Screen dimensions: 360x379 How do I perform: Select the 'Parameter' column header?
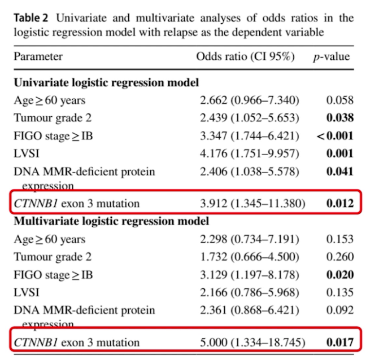tap(38, 56)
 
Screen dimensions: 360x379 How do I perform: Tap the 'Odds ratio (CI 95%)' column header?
tap(247, 56)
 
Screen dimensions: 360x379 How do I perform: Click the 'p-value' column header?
tap(332, 56)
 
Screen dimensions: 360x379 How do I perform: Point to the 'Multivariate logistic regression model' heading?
tap(112, 221)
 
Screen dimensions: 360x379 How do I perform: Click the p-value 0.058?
tap(340, 100)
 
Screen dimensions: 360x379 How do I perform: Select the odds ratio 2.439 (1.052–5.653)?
tap(250, 118)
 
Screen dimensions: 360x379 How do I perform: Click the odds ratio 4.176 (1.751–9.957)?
tap(250, 153)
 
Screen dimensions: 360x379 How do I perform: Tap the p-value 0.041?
tap(340, 171)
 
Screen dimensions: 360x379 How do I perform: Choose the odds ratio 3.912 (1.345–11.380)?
tap(252, 203)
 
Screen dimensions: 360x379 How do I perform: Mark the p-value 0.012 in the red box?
tap(340, 203)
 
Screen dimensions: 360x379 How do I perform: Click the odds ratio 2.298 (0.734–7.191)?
tap(250, 239)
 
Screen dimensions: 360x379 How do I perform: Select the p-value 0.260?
tap(340, 257)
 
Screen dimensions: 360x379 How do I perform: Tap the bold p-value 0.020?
tap(340, 274)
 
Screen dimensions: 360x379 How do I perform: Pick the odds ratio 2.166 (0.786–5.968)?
tap(250, 292)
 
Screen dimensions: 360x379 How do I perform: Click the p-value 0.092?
tap(340, 310)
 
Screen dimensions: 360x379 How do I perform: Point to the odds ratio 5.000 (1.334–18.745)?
tap(252, 342)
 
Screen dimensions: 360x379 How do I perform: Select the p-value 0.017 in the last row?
tap(340, 342)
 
